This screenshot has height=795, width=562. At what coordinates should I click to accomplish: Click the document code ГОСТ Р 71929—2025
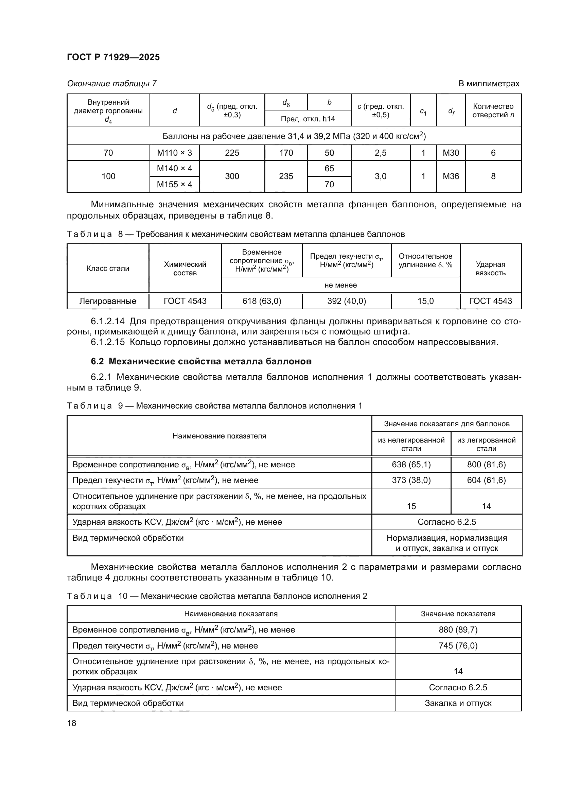[x=113, y=57]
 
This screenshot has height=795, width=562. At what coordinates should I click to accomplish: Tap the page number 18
[x=72, y=723]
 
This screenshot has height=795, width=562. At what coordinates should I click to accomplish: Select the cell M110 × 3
[x=174, y=153]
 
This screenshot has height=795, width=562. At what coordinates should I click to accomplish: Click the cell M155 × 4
[x=174, y=184]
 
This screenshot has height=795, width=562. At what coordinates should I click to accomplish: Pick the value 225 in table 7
[x=232, y=153]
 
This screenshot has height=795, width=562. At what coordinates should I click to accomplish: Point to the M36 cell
[x=451, y=176]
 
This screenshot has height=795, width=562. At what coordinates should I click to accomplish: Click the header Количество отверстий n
[x=493, y=110]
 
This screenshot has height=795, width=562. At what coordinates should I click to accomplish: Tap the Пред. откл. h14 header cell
[x=308, y=119]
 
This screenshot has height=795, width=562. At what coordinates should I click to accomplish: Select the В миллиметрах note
[x=489, y=84]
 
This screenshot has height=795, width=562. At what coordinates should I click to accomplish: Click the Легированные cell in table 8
[x=108, y=301]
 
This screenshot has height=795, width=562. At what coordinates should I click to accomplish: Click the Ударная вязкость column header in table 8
[x=490, y=269]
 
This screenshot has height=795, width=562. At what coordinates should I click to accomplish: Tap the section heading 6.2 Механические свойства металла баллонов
[x=201, y=361]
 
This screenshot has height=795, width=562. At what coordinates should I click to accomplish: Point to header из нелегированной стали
[x=411, y=444]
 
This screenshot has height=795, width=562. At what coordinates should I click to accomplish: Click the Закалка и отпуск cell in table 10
[x=458, y=703]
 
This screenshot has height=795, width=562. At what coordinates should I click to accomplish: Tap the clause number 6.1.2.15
[x=108, y=342]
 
